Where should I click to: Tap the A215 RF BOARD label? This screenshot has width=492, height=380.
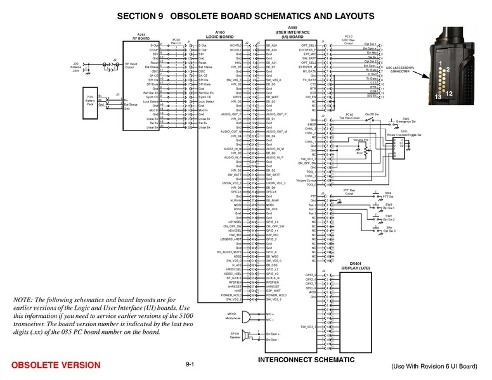tap(140, 36)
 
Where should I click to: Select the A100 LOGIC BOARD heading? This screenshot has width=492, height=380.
tap(221, 35)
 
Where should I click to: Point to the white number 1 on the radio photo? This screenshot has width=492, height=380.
tap(439, 63)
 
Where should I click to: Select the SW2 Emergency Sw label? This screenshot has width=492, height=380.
tap(406, 120)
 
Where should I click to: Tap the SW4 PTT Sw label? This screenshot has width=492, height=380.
tap(389, 194)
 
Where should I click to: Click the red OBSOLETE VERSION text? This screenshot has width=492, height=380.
tap(56, 365)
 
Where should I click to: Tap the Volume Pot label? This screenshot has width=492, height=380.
tap(361, 139)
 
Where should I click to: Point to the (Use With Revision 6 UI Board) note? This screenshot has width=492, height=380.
tap(434, 366)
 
